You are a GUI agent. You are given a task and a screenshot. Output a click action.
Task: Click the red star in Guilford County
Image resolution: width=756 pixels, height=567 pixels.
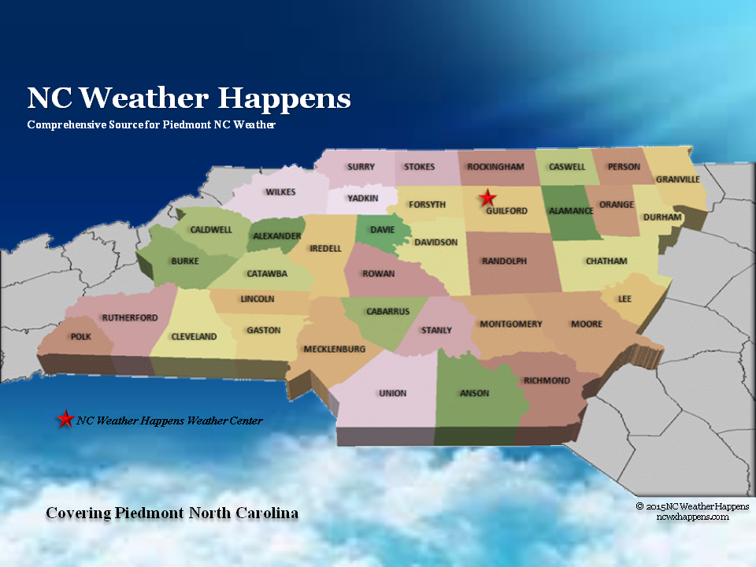tap(488, 198)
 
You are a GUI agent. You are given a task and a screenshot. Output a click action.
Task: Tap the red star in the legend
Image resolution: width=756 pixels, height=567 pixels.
tap(65, 420)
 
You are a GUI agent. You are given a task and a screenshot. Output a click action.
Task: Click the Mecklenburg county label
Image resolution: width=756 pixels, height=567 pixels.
tap(335, 349)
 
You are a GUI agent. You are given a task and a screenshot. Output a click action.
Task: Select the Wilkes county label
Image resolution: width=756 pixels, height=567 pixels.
tap(280, 192)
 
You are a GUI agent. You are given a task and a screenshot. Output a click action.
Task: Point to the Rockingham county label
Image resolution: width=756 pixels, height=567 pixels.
tap(495, 167)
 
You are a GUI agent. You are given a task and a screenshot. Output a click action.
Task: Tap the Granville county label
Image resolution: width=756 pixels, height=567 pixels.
tap(677, 179)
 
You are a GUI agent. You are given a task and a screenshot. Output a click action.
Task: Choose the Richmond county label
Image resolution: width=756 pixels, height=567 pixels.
tap(547, 380)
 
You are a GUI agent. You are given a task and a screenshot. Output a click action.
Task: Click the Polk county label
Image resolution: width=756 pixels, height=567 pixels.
tap(81, 336)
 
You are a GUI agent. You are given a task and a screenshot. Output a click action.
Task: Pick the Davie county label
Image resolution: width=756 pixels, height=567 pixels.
tap(382, 230)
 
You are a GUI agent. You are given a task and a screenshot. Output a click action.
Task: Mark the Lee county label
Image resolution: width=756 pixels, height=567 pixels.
tap(625, 299)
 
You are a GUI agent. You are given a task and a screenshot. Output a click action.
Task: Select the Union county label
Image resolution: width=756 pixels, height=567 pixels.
tap(392, 393)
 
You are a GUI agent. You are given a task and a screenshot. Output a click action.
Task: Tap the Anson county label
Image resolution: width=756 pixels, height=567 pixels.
tap(474, 393)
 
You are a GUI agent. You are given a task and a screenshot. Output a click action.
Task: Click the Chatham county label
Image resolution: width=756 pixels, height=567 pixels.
tap(606, 261)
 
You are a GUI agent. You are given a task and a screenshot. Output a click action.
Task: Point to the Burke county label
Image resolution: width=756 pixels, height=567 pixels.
tap(185, 261)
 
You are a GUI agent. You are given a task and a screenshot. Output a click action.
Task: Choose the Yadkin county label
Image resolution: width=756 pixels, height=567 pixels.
tap(363, 198)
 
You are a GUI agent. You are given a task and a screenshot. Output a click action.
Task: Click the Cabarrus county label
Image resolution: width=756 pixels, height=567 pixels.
tap(387, 311)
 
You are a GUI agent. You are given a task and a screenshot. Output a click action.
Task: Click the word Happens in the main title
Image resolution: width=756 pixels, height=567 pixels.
tap(284, 98)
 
